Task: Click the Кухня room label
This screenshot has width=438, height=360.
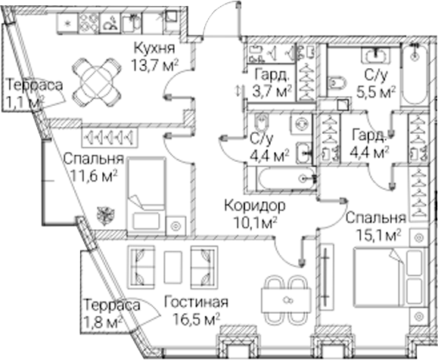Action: [x=154, y=48]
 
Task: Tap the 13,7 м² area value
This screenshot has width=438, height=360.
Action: [x=154, y=66]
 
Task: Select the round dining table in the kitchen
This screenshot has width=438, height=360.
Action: [x=97, y=82]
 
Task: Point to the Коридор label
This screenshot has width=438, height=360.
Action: [x=255, y=206]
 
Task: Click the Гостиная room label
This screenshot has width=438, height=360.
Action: [x=196, y=303]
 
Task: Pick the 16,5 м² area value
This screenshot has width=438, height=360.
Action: [x=196, y=319]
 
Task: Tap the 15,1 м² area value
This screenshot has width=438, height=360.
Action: [x=379, y=236]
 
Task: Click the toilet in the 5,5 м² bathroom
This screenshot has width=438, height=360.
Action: [x=337, y=82]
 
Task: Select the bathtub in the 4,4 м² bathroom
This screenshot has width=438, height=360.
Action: [x=287, y=178]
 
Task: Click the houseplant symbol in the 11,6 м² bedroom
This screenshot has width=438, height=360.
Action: [x=106, y=216]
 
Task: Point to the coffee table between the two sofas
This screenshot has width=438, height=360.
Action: [x=173, y=267]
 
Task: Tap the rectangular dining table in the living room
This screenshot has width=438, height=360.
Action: [x=286, y=301]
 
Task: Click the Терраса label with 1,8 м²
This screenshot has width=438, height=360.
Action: [x=112, y=305]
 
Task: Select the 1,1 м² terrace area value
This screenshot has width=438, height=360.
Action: [x=24, y=103]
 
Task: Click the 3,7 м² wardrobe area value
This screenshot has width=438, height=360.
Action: [x=272, y=92]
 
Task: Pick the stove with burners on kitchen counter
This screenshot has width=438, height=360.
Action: [x=89, y=23]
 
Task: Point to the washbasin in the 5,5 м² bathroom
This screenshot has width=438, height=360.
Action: [x=377, y=54]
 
